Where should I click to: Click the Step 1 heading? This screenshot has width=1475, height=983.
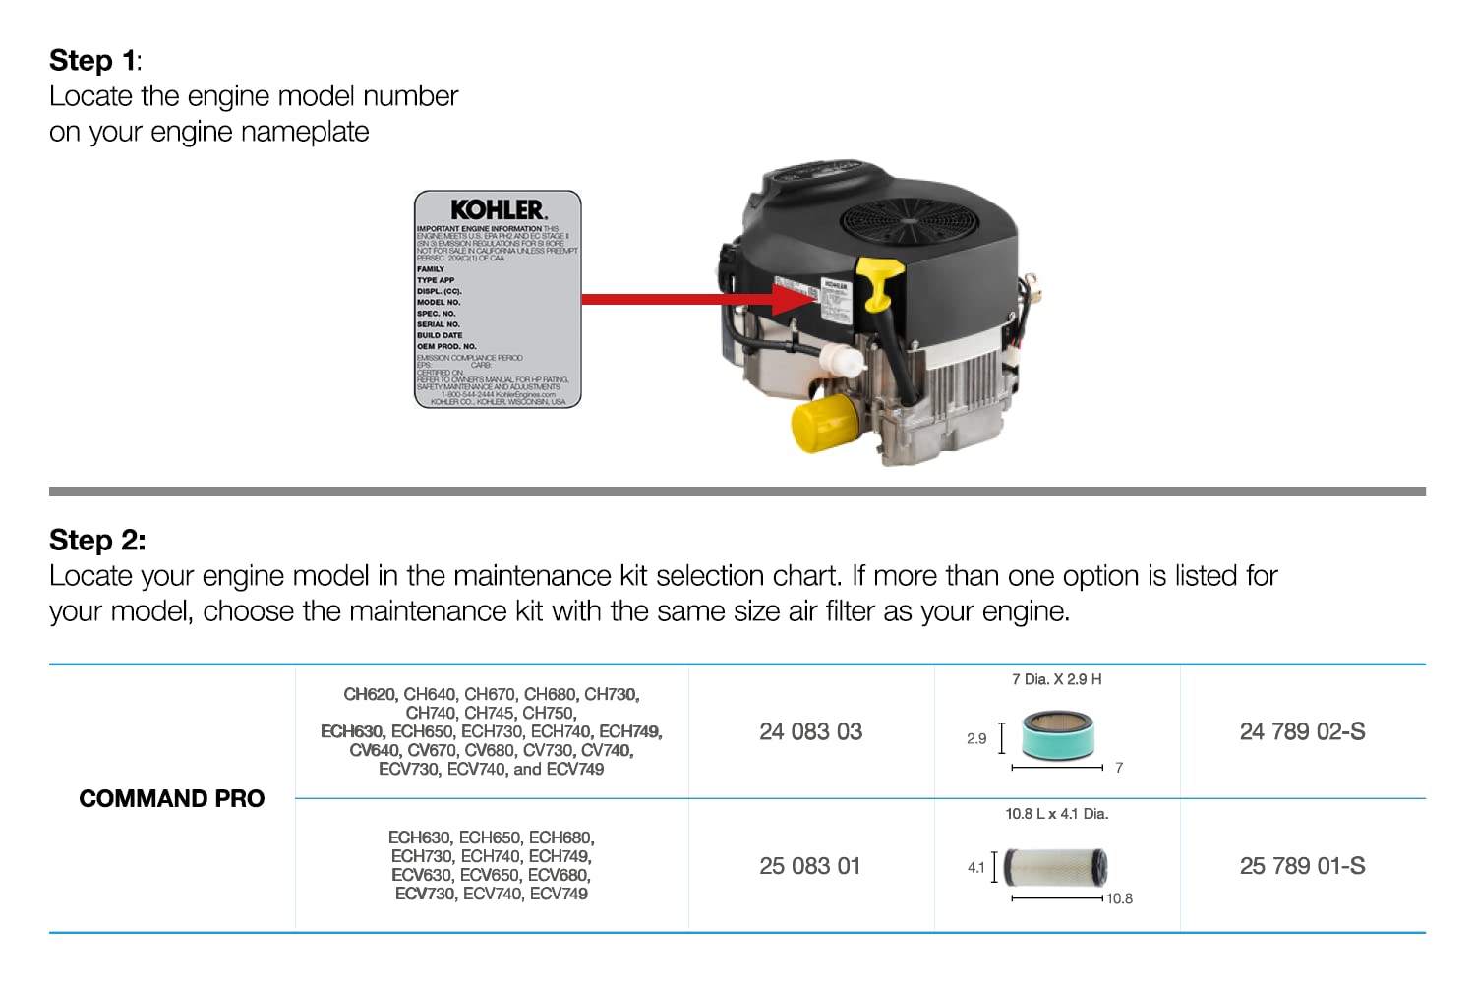tap(94, 61)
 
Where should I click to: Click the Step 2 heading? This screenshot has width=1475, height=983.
tap(96, 541)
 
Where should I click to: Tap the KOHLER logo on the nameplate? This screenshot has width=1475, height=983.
tap(498, 210)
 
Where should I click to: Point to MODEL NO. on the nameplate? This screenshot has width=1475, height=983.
tap(439, 303)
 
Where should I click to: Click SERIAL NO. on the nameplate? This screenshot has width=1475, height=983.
tap(439, 324)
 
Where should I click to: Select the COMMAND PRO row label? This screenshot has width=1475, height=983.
tap(172, 799)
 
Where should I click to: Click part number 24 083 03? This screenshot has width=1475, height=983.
tap(810, 732)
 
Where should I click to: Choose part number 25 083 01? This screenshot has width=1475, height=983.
tap(810, 867)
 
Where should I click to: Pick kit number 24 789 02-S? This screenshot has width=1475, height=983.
tap(1302, 732)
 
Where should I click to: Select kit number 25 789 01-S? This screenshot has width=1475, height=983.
tap(1302, 867)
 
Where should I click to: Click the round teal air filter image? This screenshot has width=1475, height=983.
tap(1057, 735)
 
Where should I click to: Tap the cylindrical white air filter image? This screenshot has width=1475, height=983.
tap(1056, 867)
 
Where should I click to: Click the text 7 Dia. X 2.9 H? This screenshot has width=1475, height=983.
tap(1056, 679)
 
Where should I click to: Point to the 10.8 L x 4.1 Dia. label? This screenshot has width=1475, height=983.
tap(1056, 814)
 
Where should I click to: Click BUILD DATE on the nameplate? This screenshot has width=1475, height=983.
tap(440, 335)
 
